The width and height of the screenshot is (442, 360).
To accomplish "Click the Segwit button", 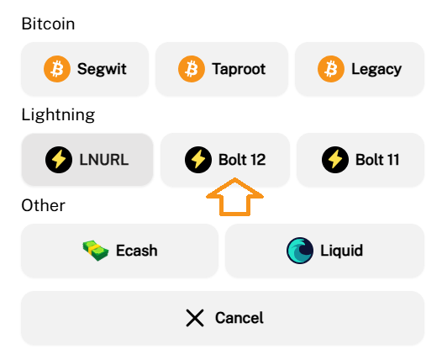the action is [x=85, y=69].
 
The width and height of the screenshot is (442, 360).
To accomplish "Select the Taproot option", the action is [x=222, y=69].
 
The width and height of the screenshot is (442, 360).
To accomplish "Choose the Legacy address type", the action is [x=360, y=69].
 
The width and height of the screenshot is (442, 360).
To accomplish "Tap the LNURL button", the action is [x=87, y=160].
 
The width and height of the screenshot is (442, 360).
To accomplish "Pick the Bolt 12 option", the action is [x=225, y=160].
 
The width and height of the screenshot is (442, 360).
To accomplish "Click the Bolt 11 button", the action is [x=360, y=160].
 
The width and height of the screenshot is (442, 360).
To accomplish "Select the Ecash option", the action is [x=120, y=251].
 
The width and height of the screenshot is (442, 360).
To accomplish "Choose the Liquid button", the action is [x=324, y=251].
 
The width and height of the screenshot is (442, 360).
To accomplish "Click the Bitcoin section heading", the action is [x=48, y=24].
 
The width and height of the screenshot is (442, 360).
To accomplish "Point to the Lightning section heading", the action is [x=58, y=115].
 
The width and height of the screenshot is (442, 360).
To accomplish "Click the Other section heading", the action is [x=43, y=205].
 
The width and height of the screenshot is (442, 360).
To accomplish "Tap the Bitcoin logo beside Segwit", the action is [x=57, y=69].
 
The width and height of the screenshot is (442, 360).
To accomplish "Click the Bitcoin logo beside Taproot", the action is [x=192, y=69].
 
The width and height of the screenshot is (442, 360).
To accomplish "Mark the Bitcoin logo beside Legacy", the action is [x=331, y=69].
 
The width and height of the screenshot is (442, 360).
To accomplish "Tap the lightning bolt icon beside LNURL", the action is [x=59, y=160].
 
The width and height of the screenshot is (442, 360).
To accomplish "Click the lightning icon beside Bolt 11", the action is [x=335, y=160].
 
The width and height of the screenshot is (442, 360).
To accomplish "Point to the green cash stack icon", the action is [x=95, y=251].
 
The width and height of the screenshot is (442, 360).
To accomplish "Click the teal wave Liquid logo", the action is [x=300, y=251].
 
